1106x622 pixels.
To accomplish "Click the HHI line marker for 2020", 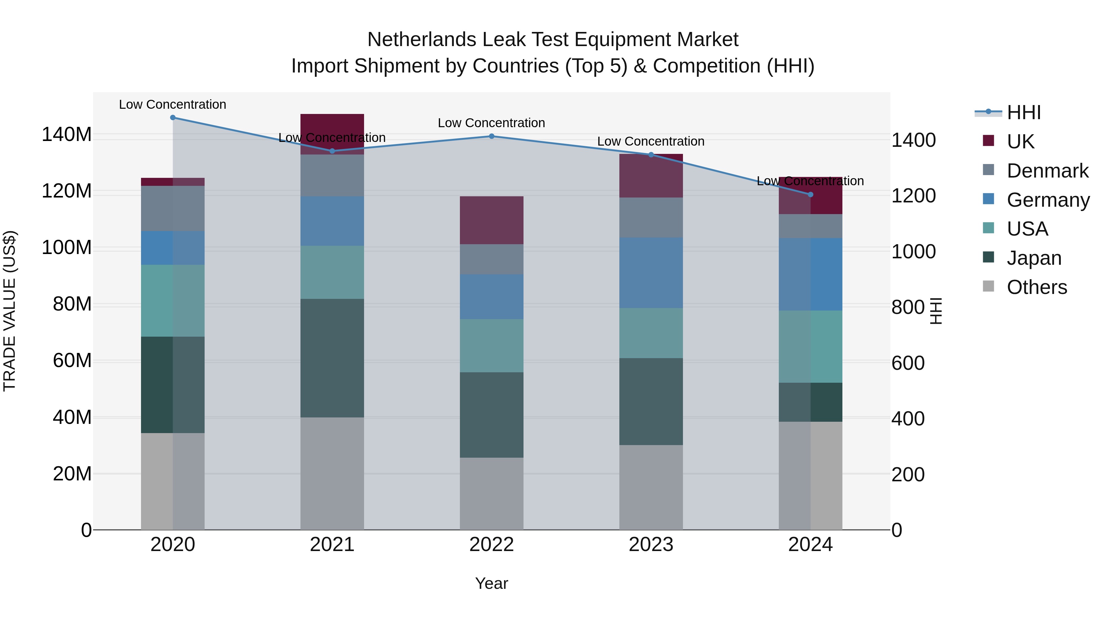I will (x=173, y=117).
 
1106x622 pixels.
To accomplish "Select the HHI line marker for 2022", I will (x=492, y=136).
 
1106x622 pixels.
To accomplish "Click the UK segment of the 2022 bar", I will (x=492, y=220).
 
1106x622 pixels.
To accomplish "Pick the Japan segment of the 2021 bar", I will (x=332, y=358).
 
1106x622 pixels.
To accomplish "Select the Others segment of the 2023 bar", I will (x=651, y=487).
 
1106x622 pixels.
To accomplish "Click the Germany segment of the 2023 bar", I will (x=651, y=272).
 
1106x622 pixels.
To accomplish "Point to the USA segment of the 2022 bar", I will (x=492, y=345).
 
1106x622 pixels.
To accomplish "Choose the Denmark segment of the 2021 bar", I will (x=332, y=175).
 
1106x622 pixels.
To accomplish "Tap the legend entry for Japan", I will (x=1033, y=258).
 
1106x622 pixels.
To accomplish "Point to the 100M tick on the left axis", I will (x=67, y=248).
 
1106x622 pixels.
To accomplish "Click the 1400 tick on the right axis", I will (x=914, y=140).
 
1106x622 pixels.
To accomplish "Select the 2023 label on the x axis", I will (x=651, y=545).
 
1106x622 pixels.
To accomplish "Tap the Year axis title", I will (x=492, y=583).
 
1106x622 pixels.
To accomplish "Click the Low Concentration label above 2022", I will (x=492, y=123).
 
